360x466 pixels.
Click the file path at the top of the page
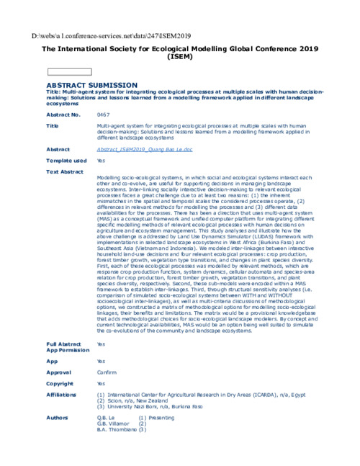coord(111,35)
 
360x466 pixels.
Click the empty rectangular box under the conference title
coord(69,72)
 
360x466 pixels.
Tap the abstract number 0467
coord(103,115)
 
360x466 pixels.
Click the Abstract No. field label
coord(63,115)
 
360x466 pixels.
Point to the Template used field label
coord(66,161)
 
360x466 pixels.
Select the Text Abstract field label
coord(64,172)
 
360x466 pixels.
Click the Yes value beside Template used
coord(101,161)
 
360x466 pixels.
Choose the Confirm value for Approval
coord(107,372)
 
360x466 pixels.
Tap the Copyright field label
coord(60,383)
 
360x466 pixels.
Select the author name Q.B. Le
coord(106,417)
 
